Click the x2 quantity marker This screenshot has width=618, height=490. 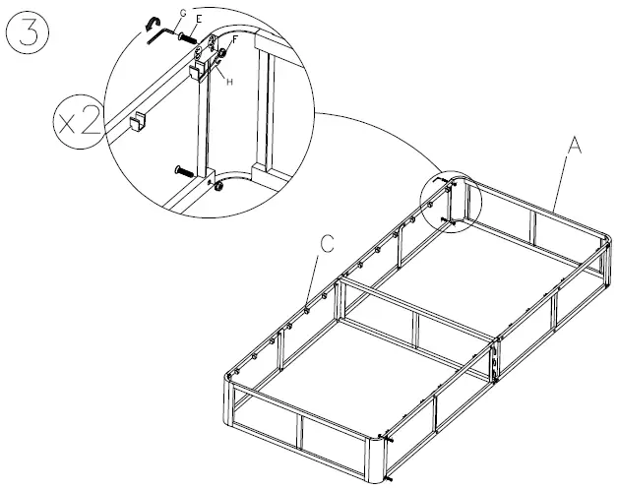tap(77, 124)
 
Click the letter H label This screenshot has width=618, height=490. tap(229, 82)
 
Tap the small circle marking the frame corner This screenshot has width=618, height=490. tap(450, 202)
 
